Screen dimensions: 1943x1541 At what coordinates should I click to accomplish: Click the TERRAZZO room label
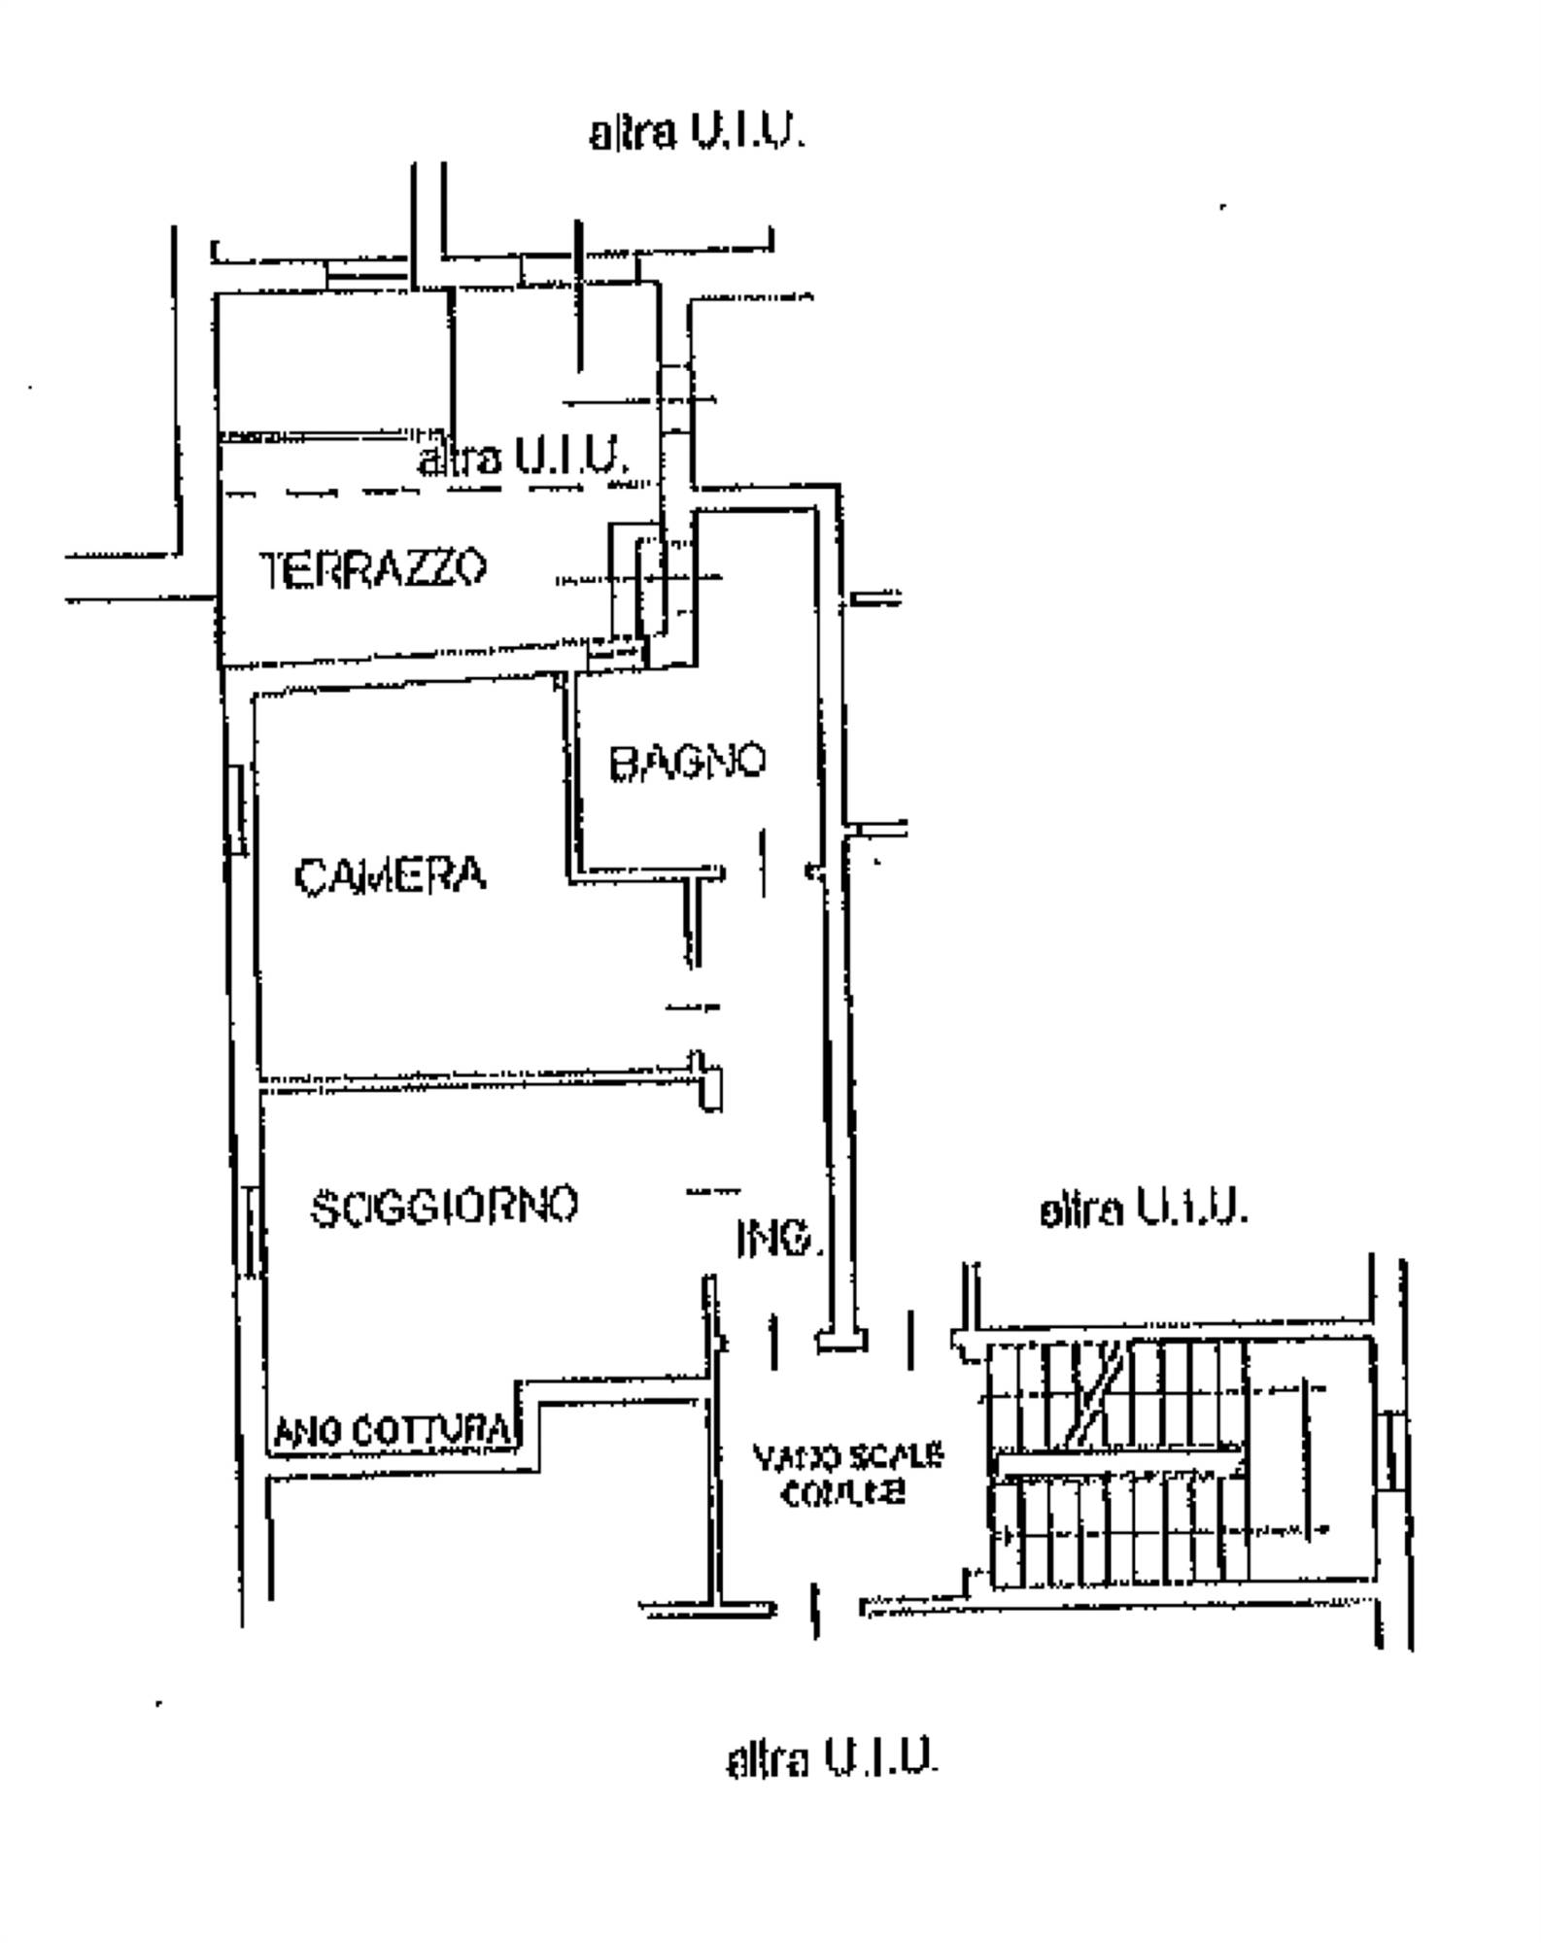[373, 568]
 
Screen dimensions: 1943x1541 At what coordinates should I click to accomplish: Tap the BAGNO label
[687, 763]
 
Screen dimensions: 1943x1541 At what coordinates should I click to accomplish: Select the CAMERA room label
[390, 876]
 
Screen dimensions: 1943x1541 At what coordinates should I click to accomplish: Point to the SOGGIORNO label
[444, 1207]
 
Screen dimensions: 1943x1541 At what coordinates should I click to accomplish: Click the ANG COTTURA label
[392, 1431]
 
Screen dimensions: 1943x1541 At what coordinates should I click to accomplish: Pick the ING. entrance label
[779, 1239]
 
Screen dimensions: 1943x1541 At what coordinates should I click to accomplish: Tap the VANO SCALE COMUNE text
[846, 1475]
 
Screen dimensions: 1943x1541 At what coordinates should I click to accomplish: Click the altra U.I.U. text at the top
[698, 133]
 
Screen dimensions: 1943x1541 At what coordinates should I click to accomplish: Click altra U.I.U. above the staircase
[1143, 1210]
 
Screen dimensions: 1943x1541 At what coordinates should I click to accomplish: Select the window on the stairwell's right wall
[1392, 1452]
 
